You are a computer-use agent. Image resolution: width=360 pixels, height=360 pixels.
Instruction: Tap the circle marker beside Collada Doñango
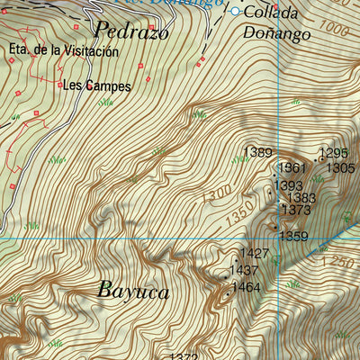[x=236, y=12]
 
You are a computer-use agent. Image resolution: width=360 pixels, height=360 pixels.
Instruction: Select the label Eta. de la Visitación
[x=63, y=51]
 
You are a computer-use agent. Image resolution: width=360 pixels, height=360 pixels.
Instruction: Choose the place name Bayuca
[x=132, y=292]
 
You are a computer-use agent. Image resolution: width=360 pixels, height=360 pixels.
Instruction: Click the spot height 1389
[x=258, y=153]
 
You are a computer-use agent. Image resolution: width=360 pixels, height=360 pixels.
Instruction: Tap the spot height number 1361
[x=292, y=168]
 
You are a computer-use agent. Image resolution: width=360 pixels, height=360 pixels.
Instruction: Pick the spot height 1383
[x=301, y=198]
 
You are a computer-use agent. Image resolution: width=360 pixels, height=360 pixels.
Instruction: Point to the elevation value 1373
[x=296, y=210]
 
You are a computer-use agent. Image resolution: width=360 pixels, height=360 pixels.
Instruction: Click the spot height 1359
[x=293, y=237]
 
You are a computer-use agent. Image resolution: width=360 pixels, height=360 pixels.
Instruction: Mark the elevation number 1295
[x=334, y=153]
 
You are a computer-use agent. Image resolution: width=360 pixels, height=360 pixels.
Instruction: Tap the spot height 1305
[x=340, y=167]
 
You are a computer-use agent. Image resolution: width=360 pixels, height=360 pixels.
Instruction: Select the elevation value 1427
[x=255, y=254]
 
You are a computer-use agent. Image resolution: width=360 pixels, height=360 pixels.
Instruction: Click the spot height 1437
[x=245, y=270]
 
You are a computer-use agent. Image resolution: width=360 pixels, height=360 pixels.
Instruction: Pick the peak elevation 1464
[x=247, y=287]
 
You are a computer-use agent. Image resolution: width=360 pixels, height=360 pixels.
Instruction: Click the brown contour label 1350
[x=238, y=217]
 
